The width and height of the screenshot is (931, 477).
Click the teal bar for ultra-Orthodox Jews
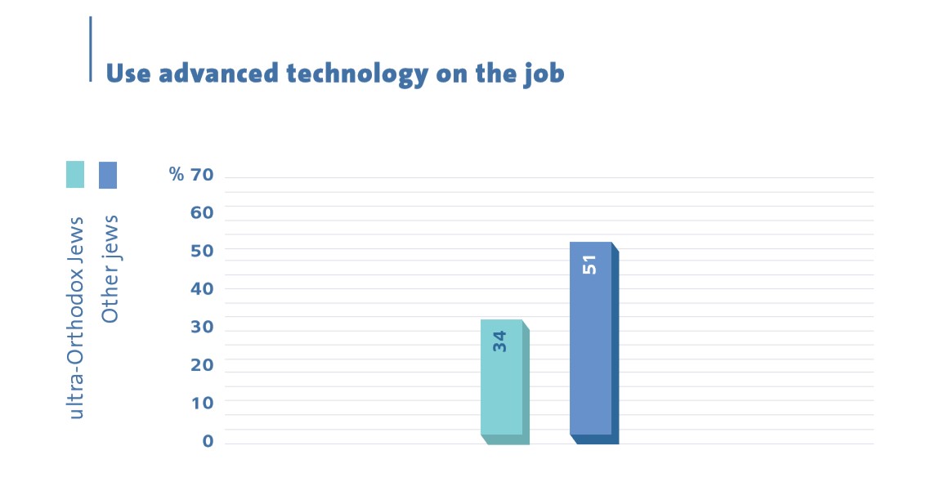pos(504,381)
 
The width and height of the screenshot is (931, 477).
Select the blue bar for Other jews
pos(593,343)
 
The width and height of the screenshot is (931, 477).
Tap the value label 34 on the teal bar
pos(500,341)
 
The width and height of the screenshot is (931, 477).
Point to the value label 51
pos(589,265)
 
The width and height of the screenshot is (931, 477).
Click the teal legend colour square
pos(75,175)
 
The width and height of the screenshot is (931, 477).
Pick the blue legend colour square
pos(107,175)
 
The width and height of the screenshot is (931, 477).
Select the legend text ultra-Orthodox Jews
pos(76,318)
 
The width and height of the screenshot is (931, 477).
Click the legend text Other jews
pos(110,269)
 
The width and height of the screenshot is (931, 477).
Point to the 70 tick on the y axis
pos(201,175)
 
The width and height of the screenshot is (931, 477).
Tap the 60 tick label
pos(201,212)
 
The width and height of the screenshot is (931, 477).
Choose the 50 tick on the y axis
pos(201,251)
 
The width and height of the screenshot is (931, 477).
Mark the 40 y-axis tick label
pos(201,289)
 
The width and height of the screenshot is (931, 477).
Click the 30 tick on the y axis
pos(201,327)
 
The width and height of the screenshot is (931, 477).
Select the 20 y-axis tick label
pos(201,365)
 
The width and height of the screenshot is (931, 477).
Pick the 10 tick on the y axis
pos(201,403)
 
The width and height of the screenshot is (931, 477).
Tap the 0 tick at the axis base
pos(208,441)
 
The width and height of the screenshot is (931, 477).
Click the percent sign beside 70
pos(177,174)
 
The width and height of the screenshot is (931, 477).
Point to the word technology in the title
pos(357,74)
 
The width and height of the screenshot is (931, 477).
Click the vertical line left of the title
pos(91,49)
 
